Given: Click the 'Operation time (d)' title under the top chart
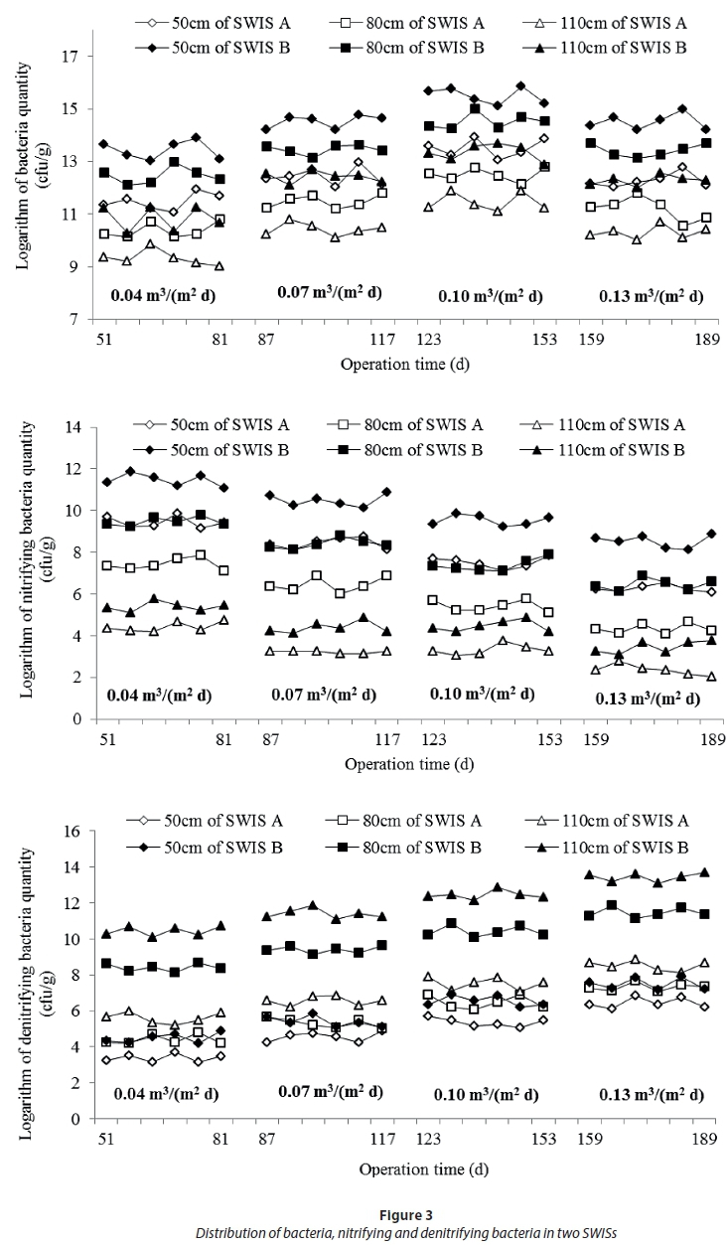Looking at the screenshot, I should [x=404, y=364].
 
